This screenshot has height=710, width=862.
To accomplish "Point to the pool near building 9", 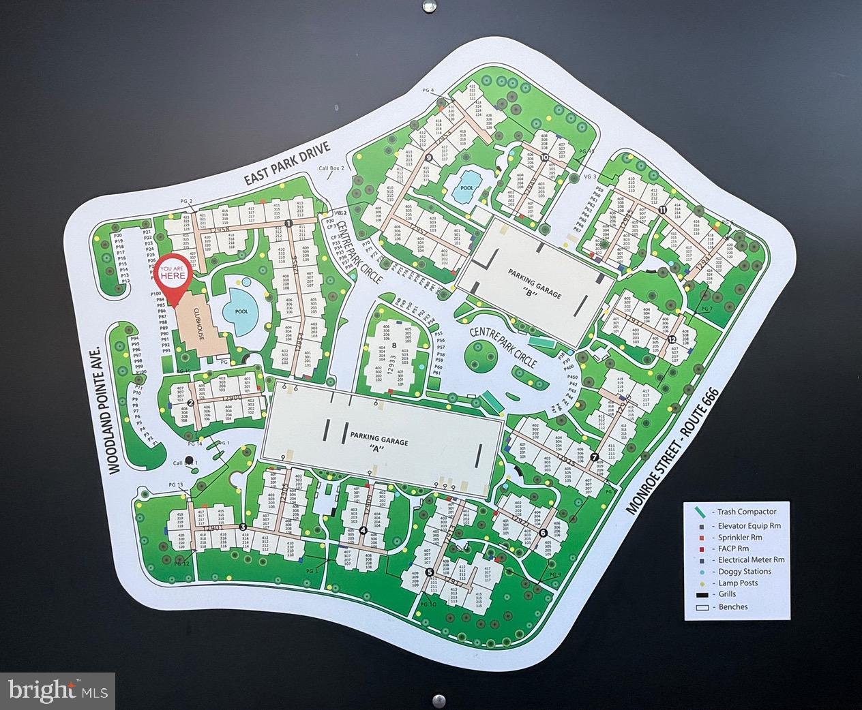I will coord(467,187).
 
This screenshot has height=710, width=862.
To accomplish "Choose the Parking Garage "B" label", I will coord(534,285).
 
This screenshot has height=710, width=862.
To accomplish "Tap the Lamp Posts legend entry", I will coord(736,583).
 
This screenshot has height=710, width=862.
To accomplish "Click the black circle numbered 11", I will coord(662,210).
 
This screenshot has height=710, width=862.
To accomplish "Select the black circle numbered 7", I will coord(595,457).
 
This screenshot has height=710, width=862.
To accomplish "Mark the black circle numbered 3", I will coord(242,527).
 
